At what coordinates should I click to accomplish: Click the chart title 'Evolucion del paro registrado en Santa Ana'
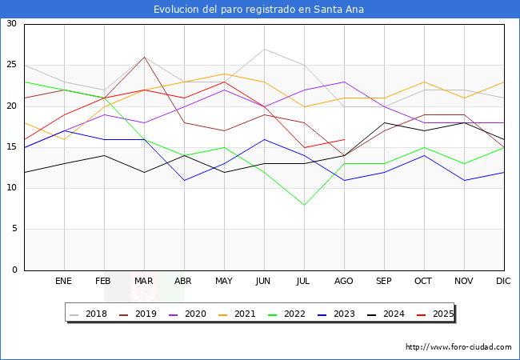pyautogui.click(x=260, y=9)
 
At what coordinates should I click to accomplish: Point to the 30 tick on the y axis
pyautogui.click(x=12, y=24)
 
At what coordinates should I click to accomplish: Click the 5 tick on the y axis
pyautogui.click(x=14, y=229)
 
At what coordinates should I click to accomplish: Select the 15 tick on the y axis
pyautogui.click(x=12, y=147)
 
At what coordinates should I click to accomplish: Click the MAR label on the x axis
pyautogui.click(x=144, y=282)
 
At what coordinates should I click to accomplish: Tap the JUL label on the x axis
pyautogui.click(x=304, y=282)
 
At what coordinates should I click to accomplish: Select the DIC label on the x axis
pyautogui.click(x=503, y=282)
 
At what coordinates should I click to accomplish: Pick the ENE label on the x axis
pyautogui.click(x=64, y=282)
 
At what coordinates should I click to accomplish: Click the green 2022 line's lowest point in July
pyautogui.click(x=304, y=205)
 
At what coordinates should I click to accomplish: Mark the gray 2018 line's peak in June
pyautogui.click(x=264, y=49)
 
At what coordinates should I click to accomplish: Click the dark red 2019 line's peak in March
pyautogui.click(x=144, y=57)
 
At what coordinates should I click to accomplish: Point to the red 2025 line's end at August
pyautogui.click(x=344, y=139)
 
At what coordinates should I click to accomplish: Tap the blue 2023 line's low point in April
pyautogui.click(x=184, y=180)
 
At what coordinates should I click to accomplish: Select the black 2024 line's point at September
pyautogui.click(x=384, y=122)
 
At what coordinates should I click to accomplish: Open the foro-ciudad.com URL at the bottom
pyautogui.click(x=458, y=347)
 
